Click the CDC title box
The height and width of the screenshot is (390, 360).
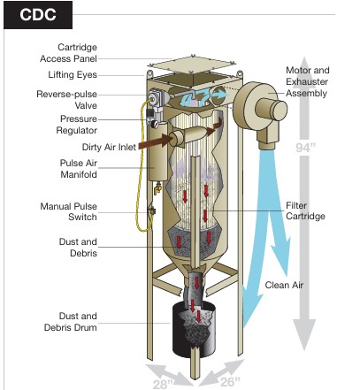click(38, 15)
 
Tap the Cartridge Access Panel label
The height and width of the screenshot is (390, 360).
click(68, 53)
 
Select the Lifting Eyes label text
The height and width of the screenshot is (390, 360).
click(73, 75)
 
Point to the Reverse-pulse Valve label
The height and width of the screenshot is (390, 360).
click(67, 100)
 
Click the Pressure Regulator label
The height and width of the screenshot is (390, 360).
click(77, 125)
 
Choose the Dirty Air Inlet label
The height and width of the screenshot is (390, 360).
click(109, 147)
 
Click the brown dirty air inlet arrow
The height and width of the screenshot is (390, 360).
click(155, 141)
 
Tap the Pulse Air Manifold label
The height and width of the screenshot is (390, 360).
click(79, 169)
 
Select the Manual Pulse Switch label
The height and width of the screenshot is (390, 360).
click(69, 211)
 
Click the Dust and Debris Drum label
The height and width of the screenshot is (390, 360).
click(71, 322)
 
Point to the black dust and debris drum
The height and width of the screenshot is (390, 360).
click(194, 329)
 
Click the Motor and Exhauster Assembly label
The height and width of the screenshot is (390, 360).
click(307, 81)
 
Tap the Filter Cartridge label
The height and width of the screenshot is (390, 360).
click(305, 210)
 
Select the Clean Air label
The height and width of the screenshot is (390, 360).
click(284, 285)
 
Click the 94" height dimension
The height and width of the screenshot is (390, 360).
click(305, 148)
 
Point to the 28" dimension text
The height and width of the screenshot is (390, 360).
click(163, 384)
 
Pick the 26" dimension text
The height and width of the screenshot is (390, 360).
click(230, 381)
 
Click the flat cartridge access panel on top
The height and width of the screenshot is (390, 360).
click(192, 65)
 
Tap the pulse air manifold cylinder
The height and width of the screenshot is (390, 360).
click(158, 151)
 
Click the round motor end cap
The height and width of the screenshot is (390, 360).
click(279, 111)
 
